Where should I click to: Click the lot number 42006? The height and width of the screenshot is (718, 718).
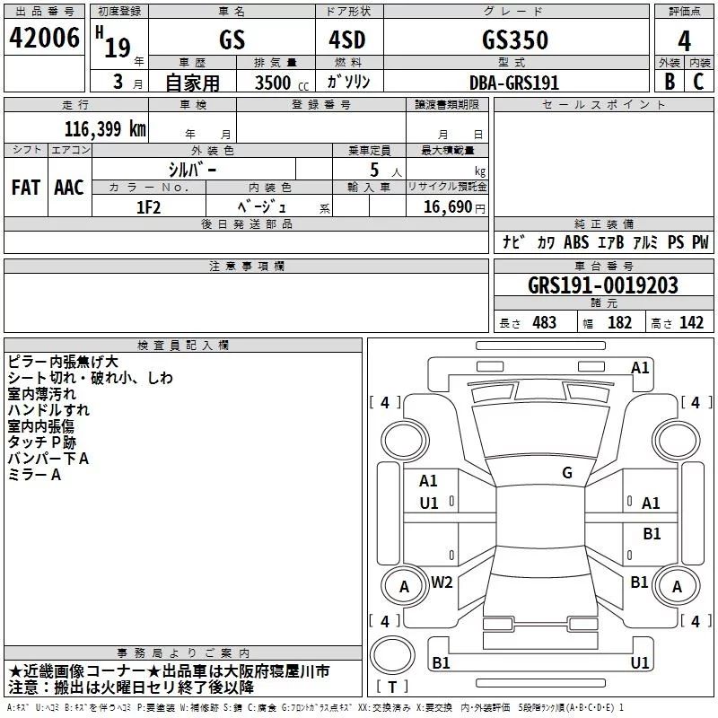(44, 38)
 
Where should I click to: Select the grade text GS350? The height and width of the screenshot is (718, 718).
(515, 39)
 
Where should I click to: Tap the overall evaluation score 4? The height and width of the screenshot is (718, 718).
(684, 41)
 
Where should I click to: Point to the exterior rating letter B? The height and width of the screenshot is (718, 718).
(670, 82)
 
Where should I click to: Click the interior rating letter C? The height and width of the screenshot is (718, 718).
(698, 82)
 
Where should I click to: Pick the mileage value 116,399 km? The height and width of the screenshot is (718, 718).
(105, 129)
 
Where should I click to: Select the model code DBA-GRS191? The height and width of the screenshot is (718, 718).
(514, 83)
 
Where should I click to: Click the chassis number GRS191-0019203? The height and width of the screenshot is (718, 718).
(603, 285)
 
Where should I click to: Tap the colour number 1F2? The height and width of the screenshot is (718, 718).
(149, 207)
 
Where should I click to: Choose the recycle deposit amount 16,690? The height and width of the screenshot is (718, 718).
(447, 207)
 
